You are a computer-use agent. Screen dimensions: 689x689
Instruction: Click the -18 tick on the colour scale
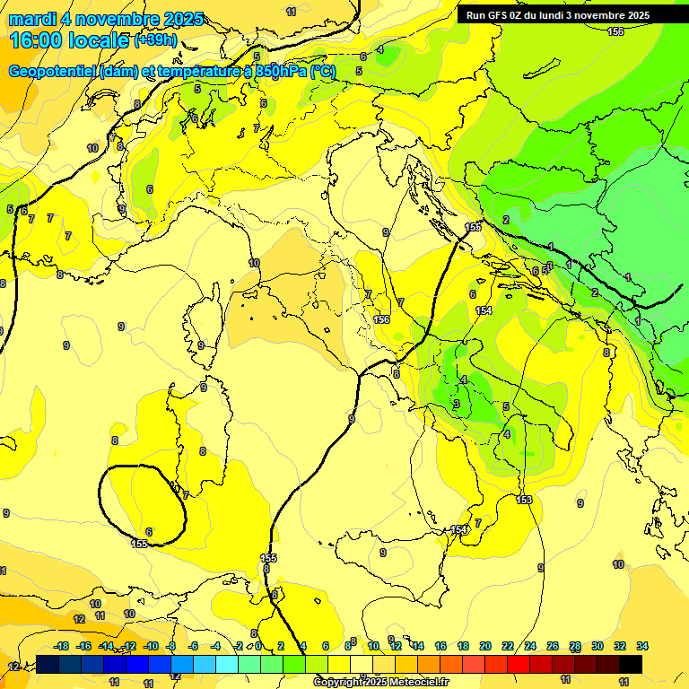coord(61,646)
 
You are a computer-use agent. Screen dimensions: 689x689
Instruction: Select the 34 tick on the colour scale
coord(641,646)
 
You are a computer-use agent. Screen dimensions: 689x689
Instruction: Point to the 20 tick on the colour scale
coord(485,646)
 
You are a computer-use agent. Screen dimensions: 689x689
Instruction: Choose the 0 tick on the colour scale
coord(257,646)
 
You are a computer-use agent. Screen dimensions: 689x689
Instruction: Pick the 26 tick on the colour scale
coord(553,646)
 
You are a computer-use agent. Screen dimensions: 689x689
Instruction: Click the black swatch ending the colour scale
coord(631,664)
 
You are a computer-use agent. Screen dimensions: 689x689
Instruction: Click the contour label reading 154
coord(484,310)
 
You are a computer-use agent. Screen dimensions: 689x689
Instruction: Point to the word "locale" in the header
coord(100,41)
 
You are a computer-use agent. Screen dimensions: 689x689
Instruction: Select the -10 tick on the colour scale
coord(150,646)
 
